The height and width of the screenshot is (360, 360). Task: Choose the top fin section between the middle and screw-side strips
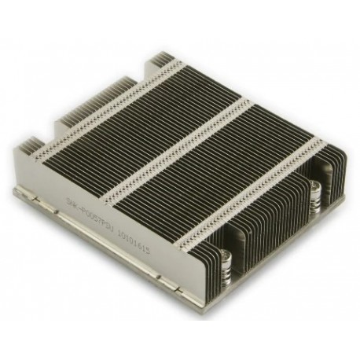220,169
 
